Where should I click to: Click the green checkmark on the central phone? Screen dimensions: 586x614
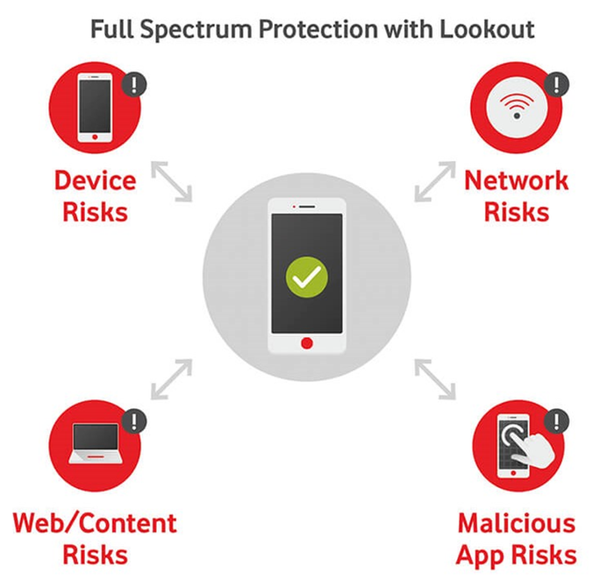pyautogui.click(x=306, y=279)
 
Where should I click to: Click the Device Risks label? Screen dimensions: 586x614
pyautogui.click(x=95, y=195)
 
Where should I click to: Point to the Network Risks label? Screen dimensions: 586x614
pyautogui.click(x=516, y=195)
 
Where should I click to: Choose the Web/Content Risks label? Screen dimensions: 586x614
pyautogui.click(x=95, y=538)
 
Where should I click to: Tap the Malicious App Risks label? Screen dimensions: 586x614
pyautogui.click(x=516, y=538)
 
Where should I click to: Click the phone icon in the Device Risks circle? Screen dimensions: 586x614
pyautogui.click(x=95, y=109)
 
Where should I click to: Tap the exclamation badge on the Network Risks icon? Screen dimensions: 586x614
pyautogui.click(x=556, y=85)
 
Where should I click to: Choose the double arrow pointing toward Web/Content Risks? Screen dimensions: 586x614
pyautogui.click(x=172, y=378)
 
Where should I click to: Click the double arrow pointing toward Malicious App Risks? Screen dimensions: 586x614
pyautogui.click(x=435, y=378)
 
